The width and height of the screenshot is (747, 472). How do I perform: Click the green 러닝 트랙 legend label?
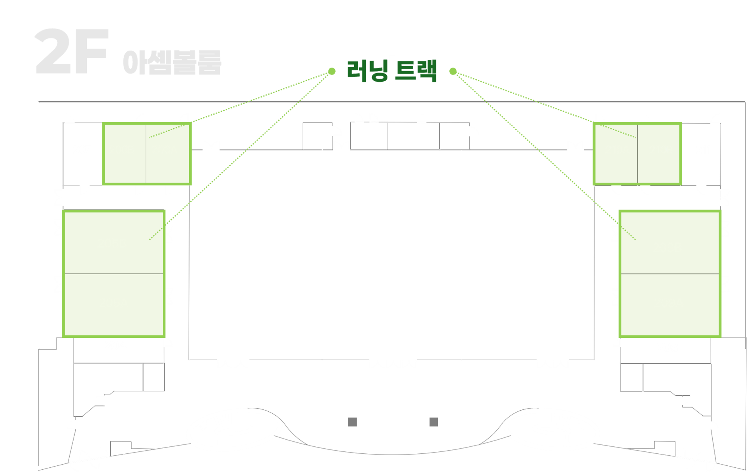click(x=392, y=71)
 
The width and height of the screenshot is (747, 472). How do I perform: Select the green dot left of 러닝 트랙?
click(x=332, y=71)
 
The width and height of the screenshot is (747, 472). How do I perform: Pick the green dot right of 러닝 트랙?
click(x=453, y=71)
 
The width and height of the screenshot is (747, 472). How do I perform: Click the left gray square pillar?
click(x=352, y=422)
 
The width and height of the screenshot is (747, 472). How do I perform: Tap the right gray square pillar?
click(x=434, y=422)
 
